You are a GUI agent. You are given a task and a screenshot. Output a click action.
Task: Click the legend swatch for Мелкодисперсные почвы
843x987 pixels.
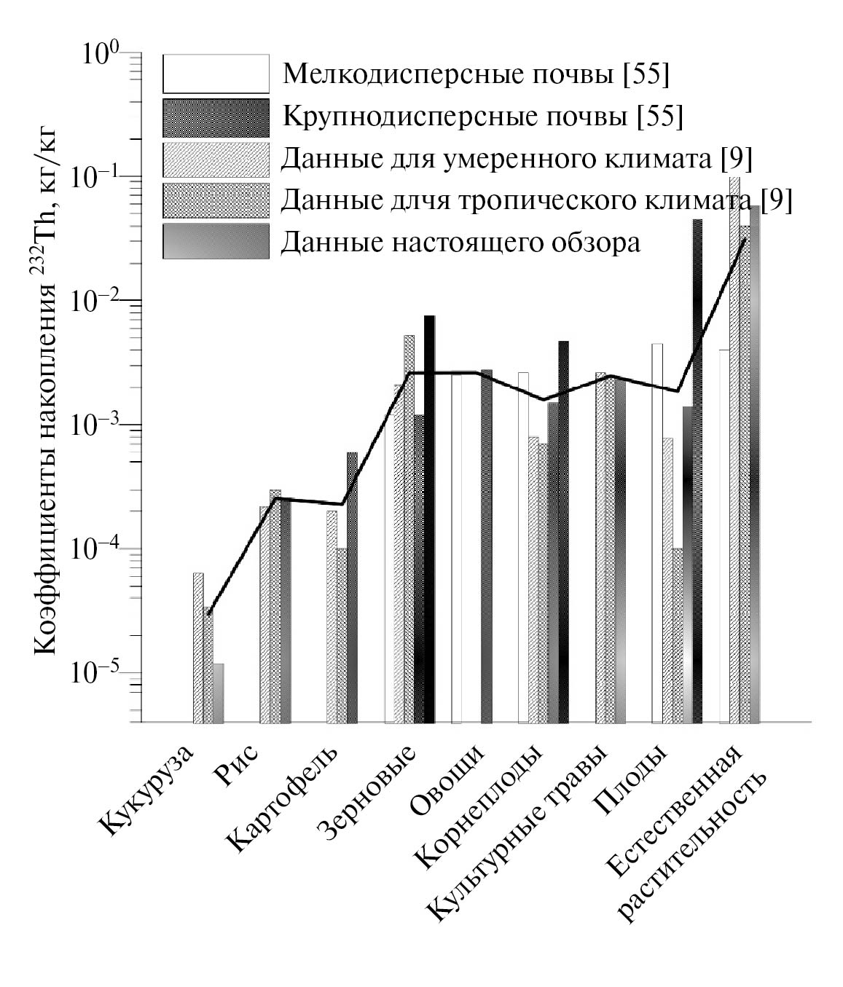tap(216, 74)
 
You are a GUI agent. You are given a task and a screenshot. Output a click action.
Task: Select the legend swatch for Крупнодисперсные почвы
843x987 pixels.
tap(216, 117)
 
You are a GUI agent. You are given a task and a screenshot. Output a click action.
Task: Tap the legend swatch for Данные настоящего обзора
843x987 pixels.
tap(216, 242)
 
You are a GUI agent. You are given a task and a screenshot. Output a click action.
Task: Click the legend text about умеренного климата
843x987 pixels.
tap(517, 158)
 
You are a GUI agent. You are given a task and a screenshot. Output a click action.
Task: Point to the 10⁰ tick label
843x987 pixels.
tap(101, 55)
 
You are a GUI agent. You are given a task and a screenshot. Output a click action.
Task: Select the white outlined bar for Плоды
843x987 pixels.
tap(657, 532)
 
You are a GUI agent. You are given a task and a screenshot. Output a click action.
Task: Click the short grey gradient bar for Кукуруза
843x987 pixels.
tap(219, 693)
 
